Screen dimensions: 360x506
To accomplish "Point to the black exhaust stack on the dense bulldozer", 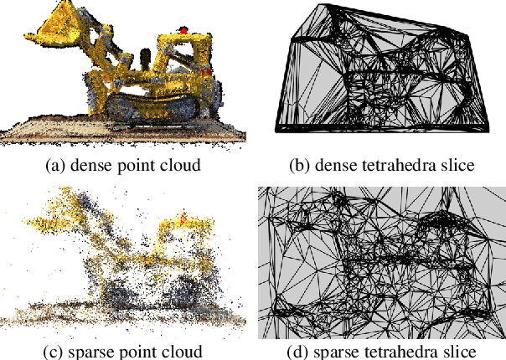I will point(147,59).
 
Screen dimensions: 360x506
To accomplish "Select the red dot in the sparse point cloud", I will point(184,220).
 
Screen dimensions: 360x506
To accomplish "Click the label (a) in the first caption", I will point(54,165).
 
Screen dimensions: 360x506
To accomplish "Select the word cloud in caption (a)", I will point(181,165).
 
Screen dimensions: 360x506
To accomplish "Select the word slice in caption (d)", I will point(460,350).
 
